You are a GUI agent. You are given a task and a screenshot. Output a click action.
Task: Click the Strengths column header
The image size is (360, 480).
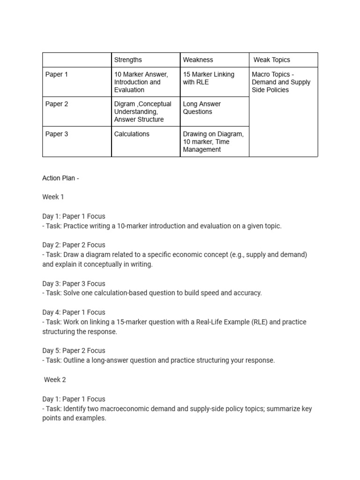(128, 60)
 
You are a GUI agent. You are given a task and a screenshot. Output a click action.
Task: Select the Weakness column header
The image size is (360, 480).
(198, 60)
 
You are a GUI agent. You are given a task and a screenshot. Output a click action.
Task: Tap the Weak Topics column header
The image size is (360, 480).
(271, 60)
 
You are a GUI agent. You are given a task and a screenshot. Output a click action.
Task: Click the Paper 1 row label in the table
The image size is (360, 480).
(57, 75)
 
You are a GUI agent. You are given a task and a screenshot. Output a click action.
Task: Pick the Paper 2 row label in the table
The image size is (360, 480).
(57, 104)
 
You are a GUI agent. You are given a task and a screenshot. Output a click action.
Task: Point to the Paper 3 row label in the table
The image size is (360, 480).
(57, 134)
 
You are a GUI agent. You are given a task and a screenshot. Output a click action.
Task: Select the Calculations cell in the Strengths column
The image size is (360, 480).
(132, 134)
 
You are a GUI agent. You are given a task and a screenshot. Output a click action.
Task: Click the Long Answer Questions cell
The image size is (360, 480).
(202, 108)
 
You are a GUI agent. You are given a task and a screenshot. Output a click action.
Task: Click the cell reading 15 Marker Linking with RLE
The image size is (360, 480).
(209, 78)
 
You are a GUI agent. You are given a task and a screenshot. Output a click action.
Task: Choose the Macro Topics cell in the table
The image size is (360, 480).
(281, 82)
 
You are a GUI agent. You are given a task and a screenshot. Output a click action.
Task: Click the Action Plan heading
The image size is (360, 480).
(60, 178)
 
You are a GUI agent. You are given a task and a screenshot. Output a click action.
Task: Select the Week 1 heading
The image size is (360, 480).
(53, 197)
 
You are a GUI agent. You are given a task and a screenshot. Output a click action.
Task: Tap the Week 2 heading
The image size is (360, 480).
(55, 380)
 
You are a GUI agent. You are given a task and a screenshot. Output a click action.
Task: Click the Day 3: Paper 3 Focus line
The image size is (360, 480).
(74, 284)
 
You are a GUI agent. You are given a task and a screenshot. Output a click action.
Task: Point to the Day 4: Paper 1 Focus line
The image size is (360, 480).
(74, 312)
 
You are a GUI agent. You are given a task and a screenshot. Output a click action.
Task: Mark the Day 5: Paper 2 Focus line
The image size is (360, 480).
(74, 351)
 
